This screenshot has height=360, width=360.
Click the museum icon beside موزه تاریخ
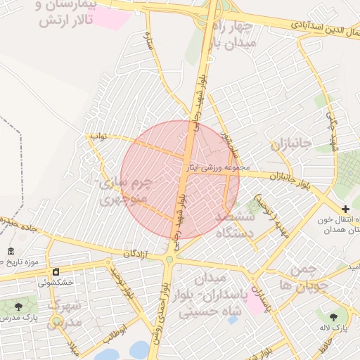pos(10,252)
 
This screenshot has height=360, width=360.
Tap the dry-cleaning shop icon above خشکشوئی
pos(56,271)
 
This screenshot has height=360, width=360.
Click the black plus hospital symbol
pos(345,209)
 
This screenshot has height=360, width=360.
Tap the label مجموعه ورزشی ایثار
pos(217,168)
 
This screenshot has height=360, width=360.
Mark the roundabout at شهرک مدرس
pos(56,322)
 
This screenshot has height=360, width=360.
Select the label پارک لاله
pos(340,328)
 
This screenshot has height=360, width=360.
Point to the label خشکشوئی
pos(56,283)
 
